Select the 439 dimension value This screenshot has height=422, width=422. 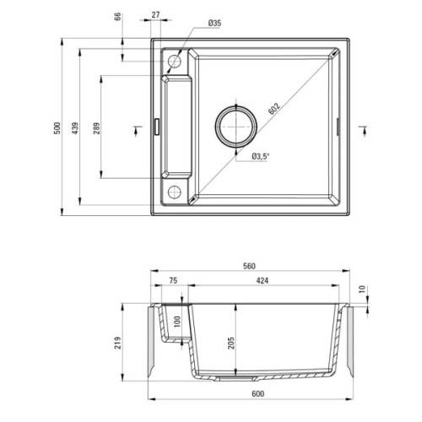point(75,128)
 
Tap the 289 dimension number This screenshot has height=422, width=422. point(95,128)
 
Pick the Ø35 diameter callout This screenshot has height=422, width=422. point(215,24)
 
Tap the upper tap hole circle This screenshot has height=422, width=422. point(175,61)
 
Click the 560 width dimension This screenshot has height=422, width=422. point(249,267)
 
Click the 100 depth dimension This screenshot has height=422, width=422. point(178,322)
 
